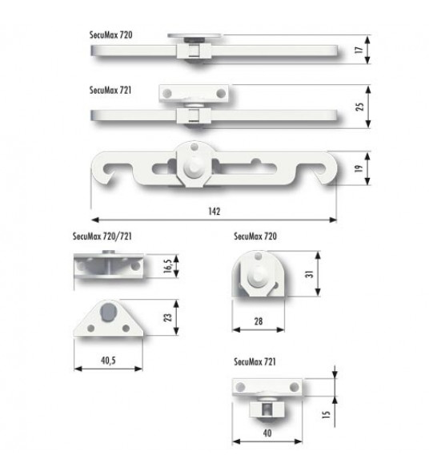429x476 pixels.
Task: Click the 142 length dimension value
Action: (x=214, y=212)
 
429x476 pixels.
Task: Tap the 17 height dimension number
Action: (x=359, y=50)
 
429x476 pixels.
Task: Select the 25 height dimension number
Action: (x=359, y=107)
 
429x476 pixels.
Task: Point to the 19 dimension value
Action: (x=359, y=168)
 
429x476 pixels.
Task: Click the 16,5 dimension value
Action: (x=167, y=266)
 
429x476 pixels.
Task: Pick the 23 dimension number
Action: (x=167, y=317)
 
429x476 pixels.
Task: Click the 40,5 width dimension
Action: (x=108, y=361)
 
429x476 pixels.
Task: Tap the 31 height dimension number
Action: (x=309, y=274)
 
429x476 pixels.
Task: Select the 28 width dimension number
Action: (x=259, y=321)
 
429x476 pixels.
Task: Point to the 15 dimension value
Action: (x=326, y=414)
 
